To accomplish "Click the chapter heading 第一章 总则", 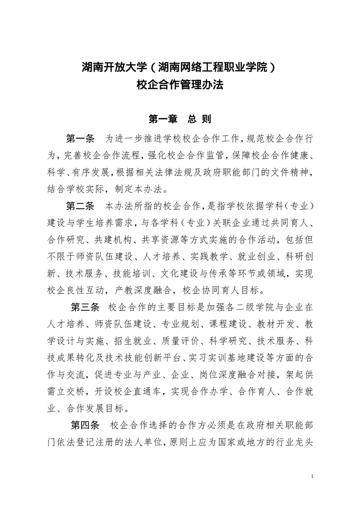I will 180,119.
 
